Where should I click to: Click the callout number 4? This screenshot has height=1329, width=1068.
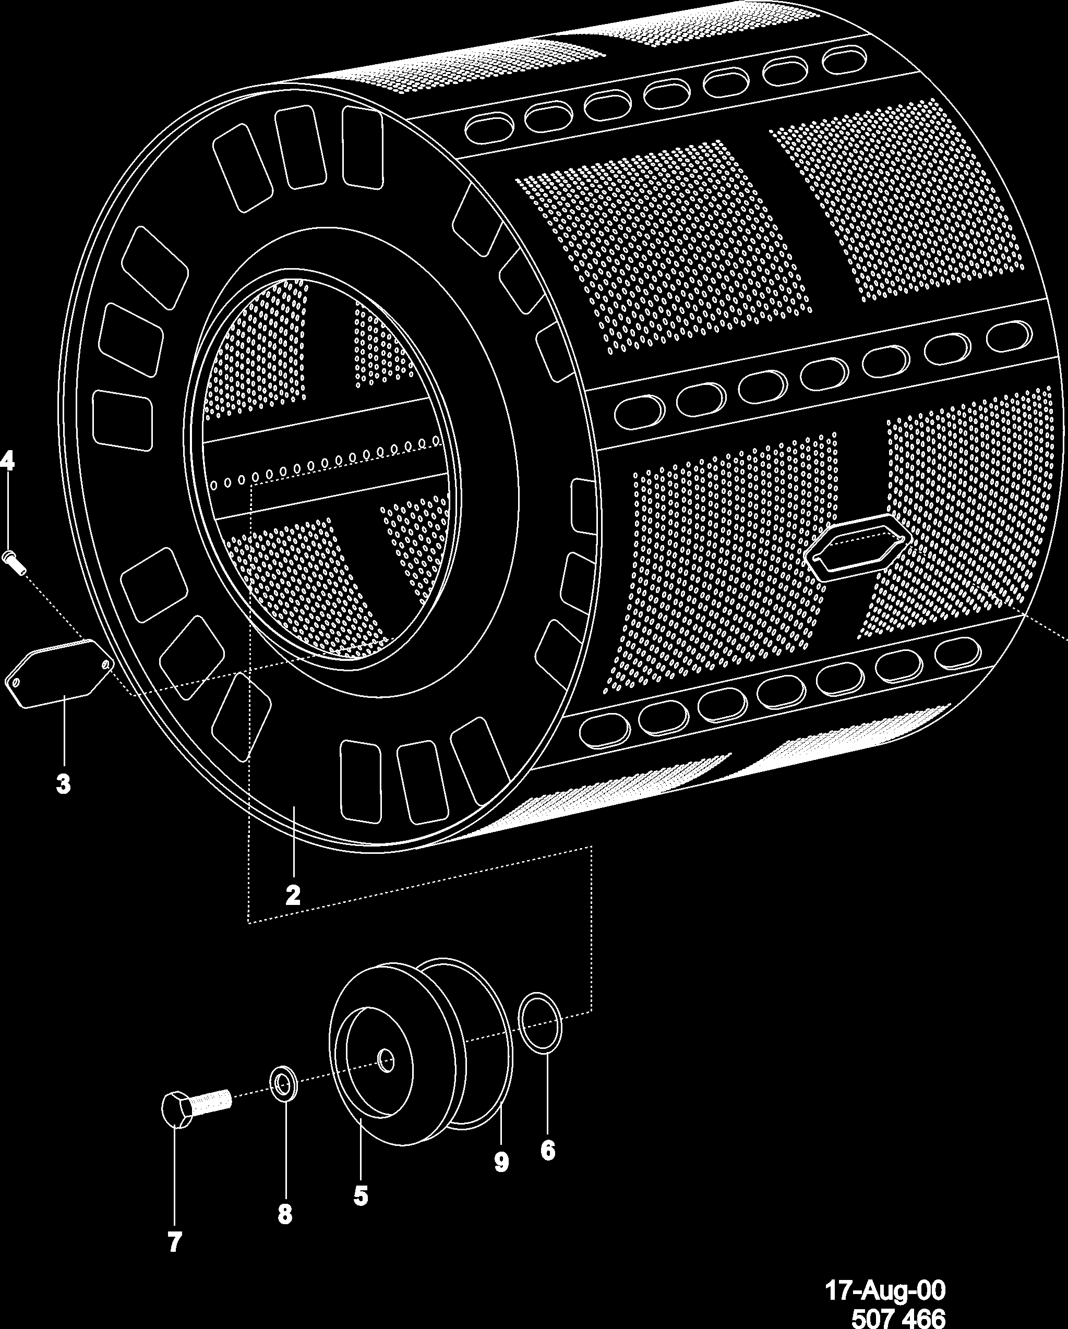click(7, 461)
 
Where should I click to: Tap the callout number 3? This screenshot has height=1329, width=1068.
click(63, 784)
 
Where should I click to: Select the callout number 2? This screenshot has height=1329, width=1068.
click(293, 895)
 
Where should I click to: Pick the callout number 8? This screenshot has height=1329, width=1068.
click(284, 1214)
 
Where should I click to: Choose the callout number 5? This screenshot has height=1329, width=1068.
click(361, 1196)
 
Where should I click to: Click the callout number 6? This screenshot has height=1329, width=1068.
click(548, 1150)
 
